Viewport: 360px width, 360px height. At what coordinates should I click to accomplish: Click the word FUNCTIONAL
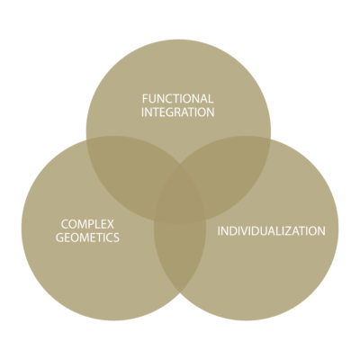click(178, 98)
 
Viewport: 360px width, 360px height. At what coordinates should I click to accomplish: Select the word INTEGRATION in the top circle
click(178, 112)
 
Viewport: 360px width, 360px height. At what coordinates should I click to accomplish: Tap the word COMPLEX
click(87, 224)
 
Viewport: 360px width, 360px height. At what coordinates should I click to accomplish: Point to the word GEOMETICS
click(87, 238)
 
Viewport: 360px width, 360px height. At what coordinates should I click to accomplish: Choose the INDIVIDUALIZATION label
click(271, 231)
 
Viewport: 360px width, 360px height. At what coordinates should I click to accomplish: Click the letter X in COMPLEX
click(111, 224)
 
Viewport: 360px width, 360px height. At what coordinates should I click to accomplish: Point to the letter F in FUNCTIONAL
click(145, 99)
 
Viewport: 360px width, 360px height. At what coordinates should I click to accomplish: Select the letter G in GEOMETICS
click(60, 238)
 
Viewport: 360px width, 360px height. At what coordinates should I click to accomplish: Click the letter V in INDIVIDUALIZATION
click(247, 231)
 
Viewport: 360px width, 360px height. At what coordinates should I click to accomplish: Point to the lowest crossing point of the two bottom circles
click(180, 292)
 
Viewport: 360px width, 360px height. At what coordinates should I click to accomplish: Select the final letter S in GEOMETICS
click(116, 238)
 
